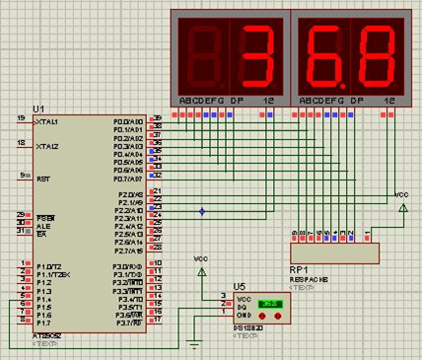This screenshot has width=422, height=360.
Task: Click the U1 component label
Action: click(x=38, y=108)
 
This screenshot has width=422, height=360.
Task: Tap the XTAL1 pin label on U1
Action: click(x=46, y=121)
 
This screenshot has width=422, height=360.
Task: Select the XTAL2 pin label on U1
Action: click(x=46, y=146)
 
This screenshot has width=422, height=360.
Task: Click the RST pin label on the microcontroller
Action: click(x=42, y=180)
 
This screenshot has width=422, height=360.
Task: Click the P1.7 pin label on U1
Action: click(x=43, y=324)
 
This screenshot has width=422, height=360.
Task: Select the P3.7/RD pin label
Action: click(x=128, y=324)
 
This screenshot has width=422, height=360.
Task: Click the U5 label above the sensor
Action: click(x=239, y=284)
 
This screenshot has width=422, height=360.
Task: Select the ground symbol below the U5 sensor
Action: click(x=195, y=342)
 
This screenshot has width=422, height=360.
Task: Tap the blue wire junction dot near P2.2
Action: click(x=202, y=211)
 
